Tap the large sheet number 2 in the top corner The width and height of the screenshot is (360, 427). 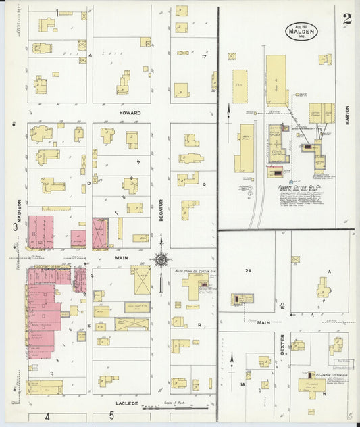[346, 20]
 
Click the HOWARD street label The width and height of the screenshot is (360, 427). [130, 113]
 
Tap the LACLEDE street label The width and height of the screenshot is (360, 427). [126, 403]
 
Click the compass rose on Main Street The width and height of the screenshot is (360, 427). [161, 258]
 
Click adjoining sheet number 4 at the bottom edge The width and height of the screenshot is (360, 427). [47, 417]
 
